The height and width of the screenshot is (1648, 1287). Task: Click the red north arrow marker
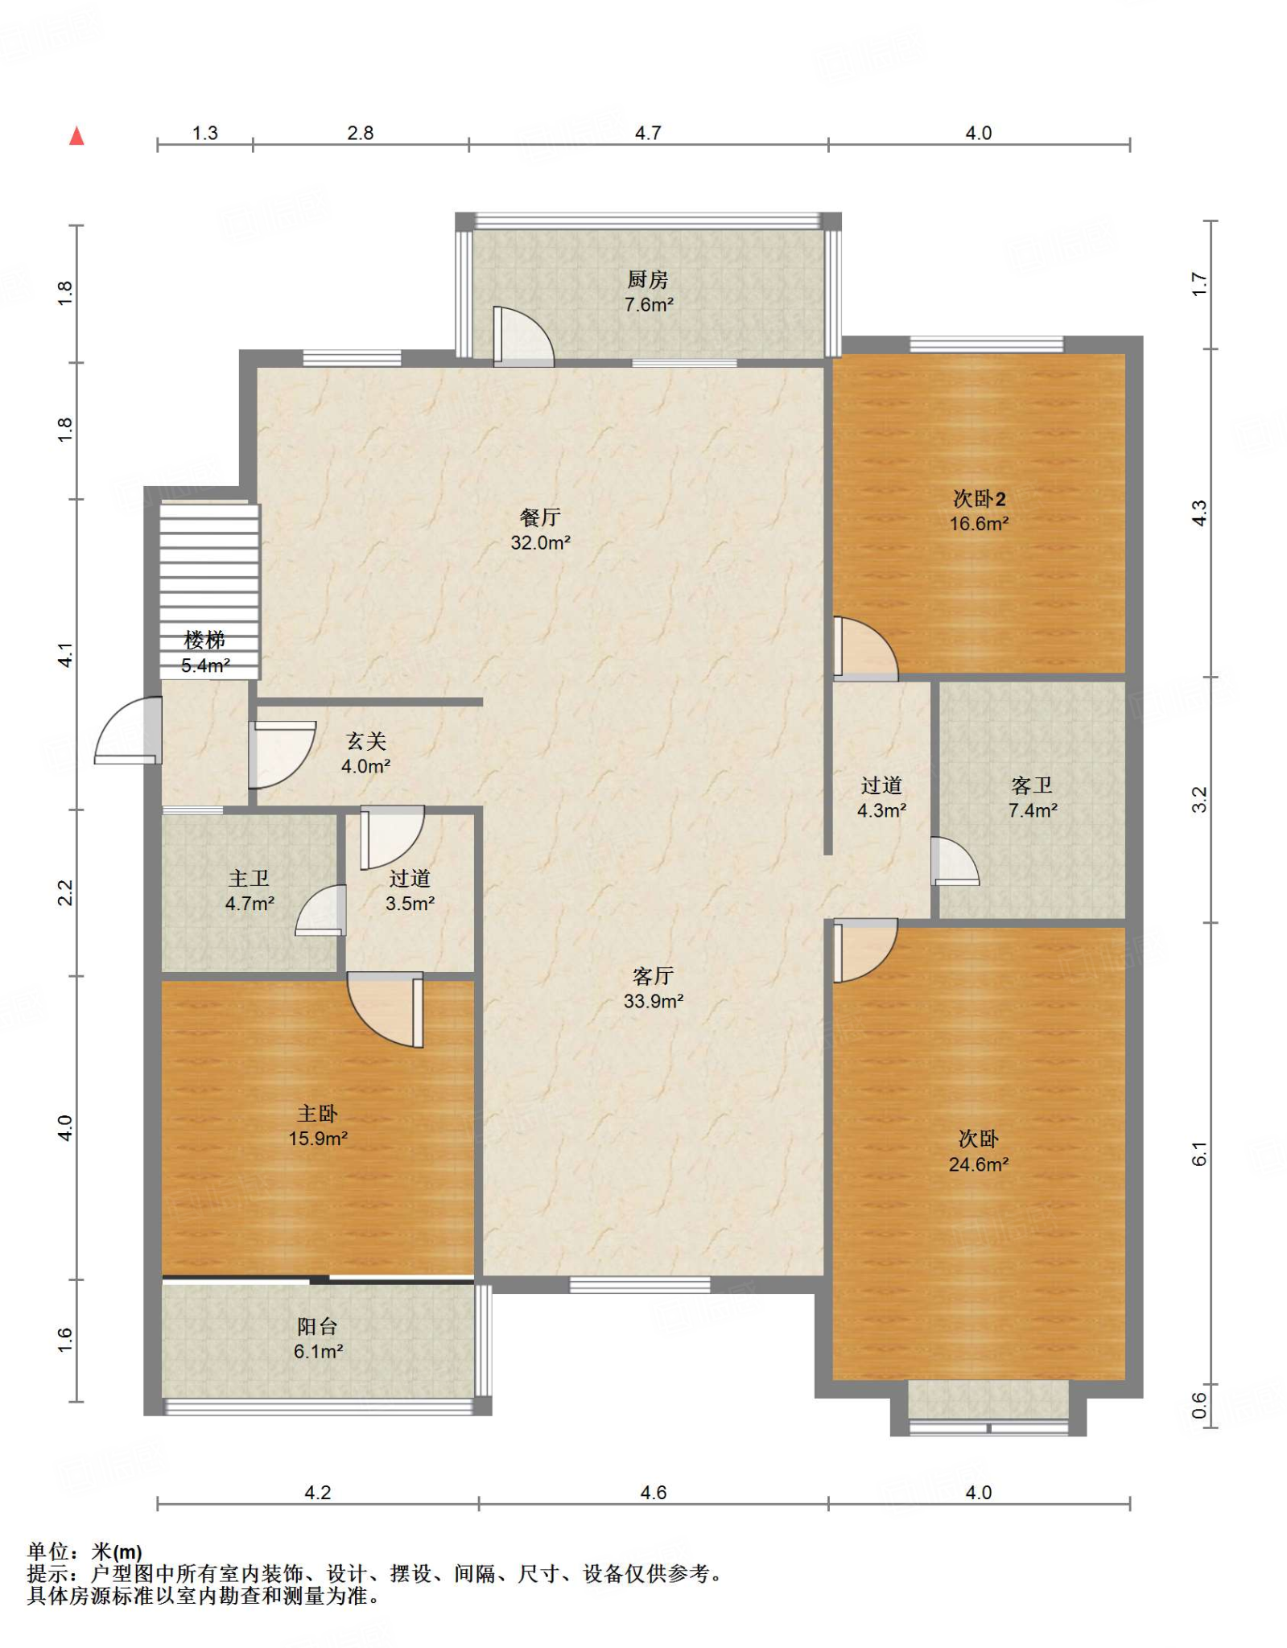(76, 136)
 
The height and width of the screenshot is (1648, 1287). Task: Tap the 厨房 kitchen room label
(648, 279)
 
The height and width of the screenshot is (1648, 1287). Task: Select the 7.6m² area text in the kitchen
(649, 305)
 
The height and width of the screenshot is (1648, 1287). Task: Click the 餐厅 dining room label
(540, 517)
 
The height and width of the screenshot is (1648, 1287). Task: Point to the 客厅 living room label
(653, 975)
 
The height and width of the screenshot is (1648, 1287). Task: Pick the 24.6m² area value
(979, 1164)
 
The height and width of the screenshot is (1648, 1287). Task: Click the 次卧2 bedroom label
(979, 499)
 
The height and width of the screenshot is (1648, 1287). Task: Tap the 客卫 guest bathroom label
(1032, 785)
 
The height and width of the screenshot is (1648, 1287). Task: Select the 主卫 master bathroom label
(249, 878)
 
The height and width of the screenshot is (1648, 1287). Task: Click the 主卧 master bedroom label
(317, 1113)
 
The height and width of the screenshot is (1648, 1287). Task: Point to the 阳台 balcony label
(317, 1325)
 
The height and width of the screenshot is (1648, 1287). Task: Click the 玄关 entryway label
(366, 740)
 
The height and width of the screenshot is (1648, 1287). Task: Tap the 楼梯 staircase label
(204, 640)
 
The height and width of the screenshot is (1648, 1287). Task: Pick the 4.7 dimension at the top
(648, 133)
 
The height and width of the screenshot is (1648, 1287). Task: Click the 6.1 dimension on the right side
(1199, 1154)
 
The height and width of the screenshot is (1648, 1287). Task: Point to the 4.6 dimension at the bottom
(653, 1493)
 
